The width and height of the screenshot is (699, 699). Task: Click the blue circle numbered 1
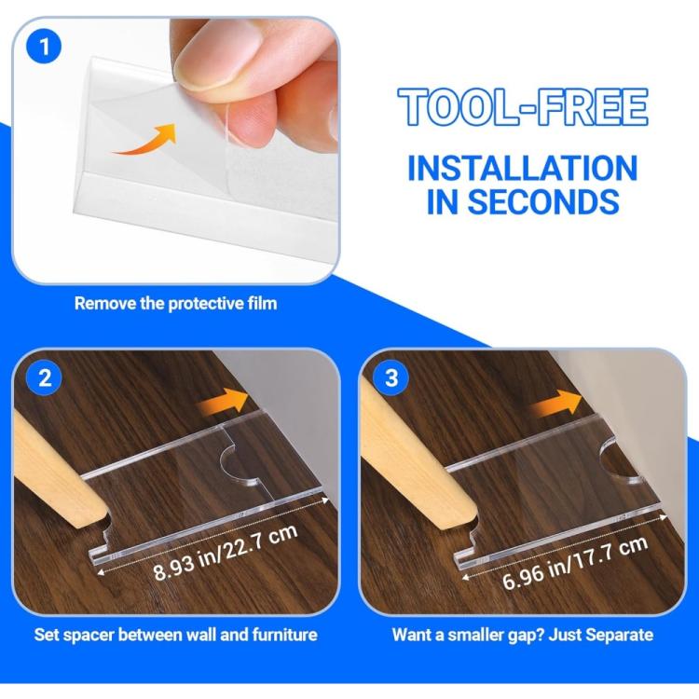44,47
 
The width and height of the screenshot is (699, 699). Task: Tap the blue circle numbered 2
44,378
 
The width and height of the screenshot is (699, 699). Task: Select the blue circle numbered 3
391,378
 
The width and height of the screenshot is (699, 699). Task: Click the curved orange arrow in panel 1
145,139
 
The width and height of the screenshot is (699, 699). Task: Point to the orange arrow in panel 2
223,402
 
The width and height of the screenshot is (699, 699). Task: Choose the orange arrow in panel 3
557,403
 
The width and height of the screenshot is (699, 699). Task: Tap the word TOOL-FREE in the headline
523,106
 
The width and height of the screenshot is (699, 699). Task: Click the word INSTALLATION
523,168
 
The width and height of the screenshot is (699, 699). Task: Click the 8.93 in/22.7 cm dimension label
226,553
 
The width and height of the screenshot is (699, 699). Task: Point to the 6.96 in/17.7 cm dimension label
575,564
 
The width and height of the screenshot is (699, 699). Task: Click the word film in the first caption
263,303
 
